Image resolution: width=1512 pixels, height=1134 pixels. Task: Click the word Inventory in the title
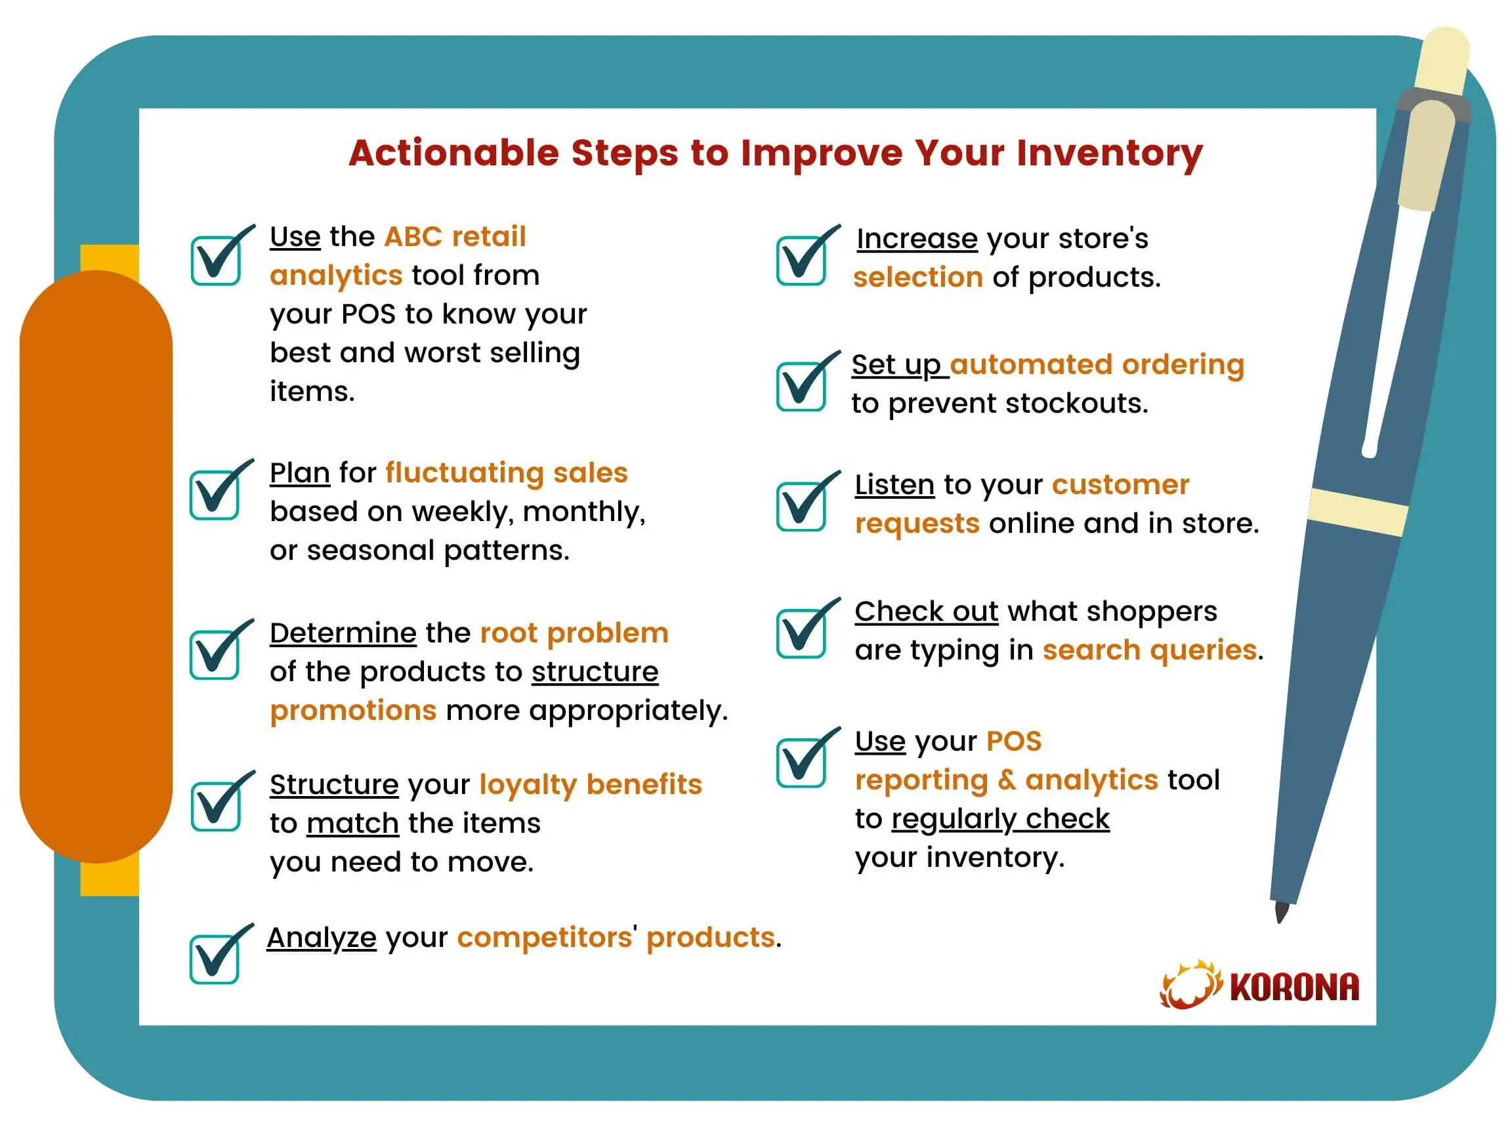pos(1108,153)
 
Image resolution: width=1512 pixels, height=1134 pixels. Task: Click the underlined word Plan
pos(300,473)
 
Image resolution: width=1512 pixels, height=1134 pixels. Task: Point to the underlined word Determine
pos(343,633)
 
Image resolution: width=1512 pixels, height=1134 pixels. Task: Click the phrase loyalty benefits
pos(591,786)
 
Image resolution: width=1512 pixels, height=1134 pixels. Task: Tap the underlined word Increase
pos(917,239)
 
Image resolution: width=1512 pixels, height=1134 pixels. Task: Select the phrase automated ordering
pos(1097,364)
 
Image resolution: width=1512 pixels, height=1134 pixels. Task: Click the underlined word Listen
pos(894,484)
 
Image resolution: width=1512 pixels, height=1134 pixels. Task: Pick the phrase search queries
pos(1150,650)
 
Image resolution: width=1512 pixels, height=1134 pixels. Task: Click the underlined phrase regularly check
pos(1001,820)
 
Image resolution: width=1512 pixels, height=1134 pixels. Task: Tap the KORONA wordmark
pos(1295,988)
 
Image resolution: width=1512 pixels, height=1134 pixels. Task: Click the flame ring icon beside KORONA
pos(1190,985)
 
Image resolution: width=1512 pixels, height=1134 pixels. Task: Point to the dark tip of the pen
pos(1281,913)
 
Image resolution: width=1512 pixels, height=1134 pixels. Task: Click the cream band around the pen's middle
pos(1358,512)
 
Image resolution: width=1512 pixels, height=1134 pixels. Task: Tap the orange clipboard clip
pos(96,566)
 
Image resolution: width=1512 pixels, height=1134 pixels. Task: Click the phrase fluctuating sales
pos(507,473)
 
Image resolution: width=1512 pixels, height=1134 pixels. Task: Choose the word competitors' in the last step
pos(547,938)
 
